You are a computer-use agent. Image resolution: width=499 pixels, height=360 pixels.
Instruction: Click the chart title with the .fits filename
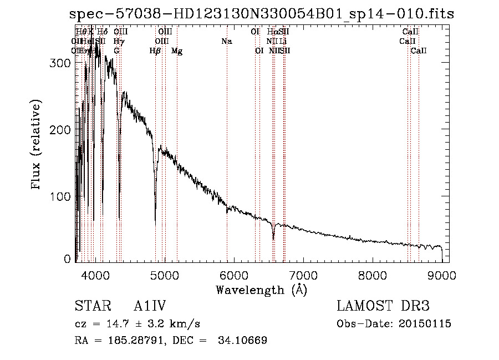262,14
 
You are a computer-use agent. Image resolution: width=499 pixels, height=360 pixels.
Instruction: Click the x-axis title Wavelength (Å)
261,290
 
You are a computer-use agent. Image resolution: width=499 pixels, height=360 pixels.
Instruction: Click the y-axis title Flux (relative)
37,145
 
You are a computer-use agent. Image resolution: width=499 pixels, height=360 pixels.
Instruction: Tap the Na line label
226,42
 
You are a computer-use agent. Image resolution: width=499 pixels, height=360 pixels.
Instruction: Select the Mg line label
177,51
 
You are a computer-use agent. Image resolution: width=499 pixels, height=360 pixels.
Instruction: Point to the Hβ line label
155,51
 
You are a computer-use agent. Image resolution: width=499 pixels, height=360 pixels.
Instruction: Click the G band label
116,51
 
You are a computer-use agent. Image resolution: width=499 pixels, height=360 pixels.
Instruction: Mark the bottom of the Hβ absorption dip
155,207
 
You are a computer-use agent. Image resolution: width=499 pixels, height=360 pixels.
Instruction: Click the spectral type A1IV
150,307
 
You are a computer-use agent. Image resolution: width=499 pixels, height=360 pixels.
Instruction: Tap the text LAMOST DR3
383,307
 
